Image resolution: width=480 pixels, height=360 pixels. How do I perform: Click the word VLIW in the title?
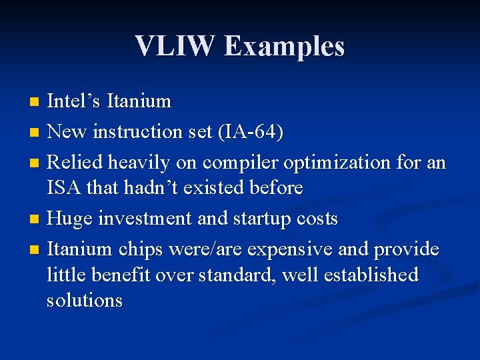[x=175, y=46]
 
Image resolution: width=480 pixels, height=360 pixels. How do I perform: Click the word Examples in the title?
[x=285, y=46]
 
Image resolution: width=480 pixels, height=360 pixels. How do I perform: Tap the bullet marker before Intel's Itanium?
[x=35, y=102]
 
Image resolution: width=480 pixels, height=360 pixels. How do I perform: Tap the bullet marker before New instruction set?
[x=35, y=133]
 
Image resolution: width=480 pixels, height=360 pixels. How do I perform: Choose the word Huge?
[x=71, y=219]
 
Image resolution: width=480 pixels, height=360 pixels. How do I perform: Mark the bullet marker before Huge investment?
[x=35, y=219]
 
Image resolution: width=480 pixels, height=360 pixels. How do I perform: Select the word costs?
[x=315, y=219]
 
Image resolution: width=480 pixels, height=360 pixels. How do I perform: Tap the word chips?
[x=141, y=249]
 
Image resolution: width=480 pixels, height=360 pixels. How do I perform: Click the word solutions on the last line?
[x=85, y=300]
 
